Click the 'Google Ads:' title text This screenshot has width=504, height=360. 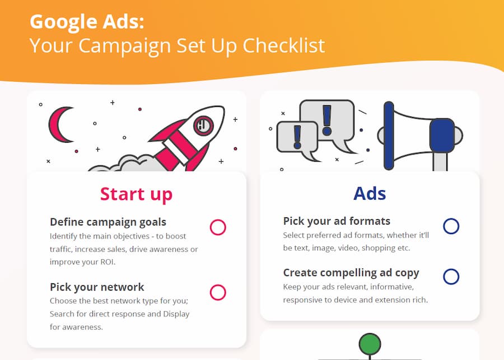pos(87,22)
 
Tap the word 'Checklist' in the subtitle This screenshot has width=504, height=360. pos(283,45)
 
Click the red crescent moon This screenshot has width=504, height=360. pos(60,124)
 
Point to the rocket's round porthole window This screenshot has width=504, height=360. pos(203,125)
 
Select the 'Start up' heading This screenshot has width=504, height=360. pos(136,194)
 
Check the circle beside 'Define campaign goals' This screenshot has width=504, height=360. pos(218,227)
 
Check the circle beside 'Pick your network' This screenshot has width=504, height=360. pos(218,292)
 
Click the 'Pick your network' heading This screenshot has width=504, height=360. pos(97,287)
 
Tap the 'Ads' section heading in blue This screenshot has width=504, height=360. pos(370,194)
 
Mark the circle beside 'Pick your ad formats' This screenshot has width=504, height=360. pos(451,226)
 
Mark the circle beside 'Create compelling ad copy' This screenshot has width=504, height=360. pos(451,277)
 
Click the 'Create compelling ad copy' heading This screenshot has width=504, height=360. pos(351,273)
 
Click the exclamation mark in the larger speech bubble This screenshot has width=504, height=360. pos(327,120)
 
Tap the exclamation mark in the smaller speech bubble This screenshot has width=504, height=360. pos(297,137)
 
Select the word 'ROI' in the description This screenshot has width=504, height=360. pos(107,262)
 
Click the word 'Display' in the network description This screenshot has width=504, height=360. pos(176,314)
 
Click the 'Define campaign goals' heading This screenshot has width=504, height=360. pos(108,222)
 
